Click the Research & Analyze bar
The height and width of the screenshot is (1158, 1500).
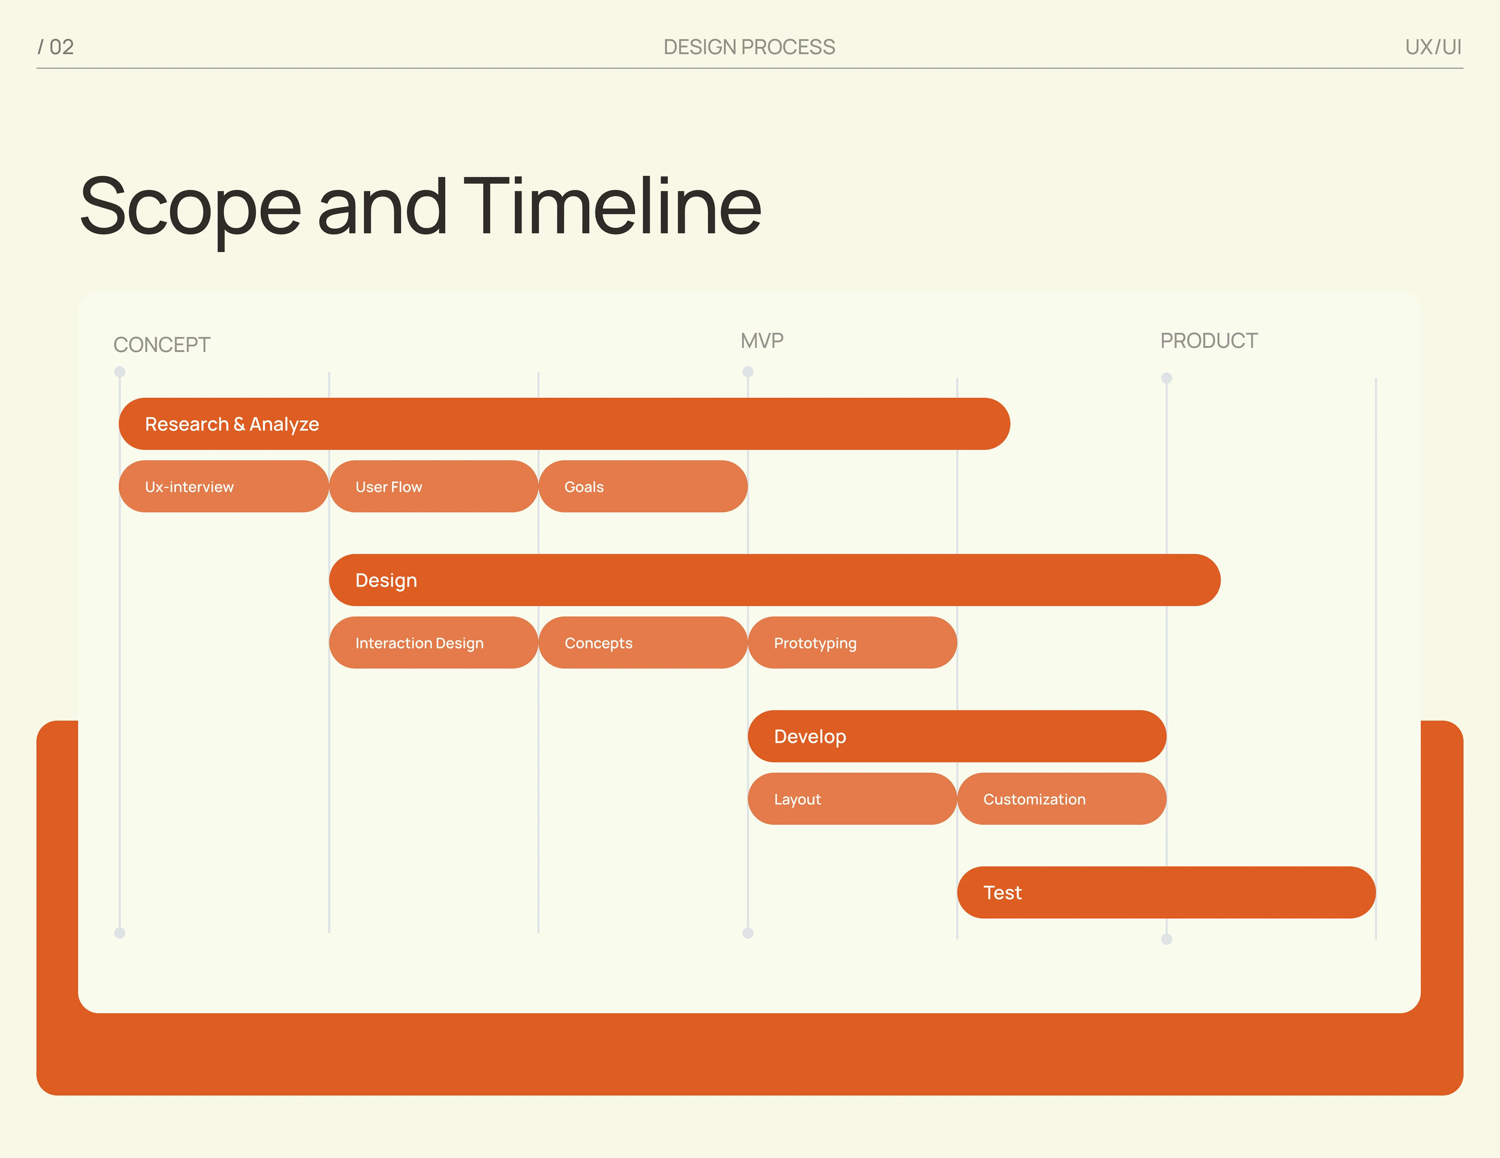click(x=564, y=424)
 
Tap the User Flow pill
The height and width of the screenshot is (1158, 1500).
click(x=434, y=486)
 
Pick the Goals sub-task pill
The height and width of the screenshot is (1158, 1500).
click(x=643, y=486)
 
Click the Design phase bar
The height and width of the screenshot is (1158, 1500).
click(x=775, y=580)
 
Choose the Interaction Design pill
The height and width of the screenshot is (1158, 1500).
click(x=434, y=642)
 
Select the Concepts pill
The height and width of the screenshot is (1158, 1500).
click(x=643, y=642)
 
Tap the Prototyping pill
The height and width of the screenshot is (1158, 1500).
click(x=852, y=642)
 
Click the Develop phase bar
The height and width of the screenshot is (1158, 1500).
click(x=957, y=736)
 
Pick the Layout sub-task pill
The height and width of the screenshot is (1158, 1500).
click(x=852, y=799)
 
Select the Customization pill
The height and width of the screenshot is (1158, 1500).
click(x=1062, y=799)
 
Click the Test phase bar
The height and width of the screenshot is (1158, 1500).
click(x=1166, y=892)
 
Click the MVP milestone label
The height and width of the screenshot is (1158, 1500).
click(x=762, y=341)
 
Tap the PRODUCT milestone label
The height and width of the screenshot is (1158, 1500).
click(x=1209, y=341)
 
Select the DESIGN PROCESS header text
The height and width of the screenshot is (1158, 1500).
click(x=750, y=47)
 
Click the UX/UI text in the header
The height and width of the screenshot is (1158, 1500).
click(x=1433, y=47)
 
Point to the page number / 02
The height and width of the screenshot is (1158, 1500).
click(x=56, y=47)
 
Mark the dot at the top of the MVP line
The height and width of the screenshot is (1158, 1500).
click(x=748, y=372)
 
